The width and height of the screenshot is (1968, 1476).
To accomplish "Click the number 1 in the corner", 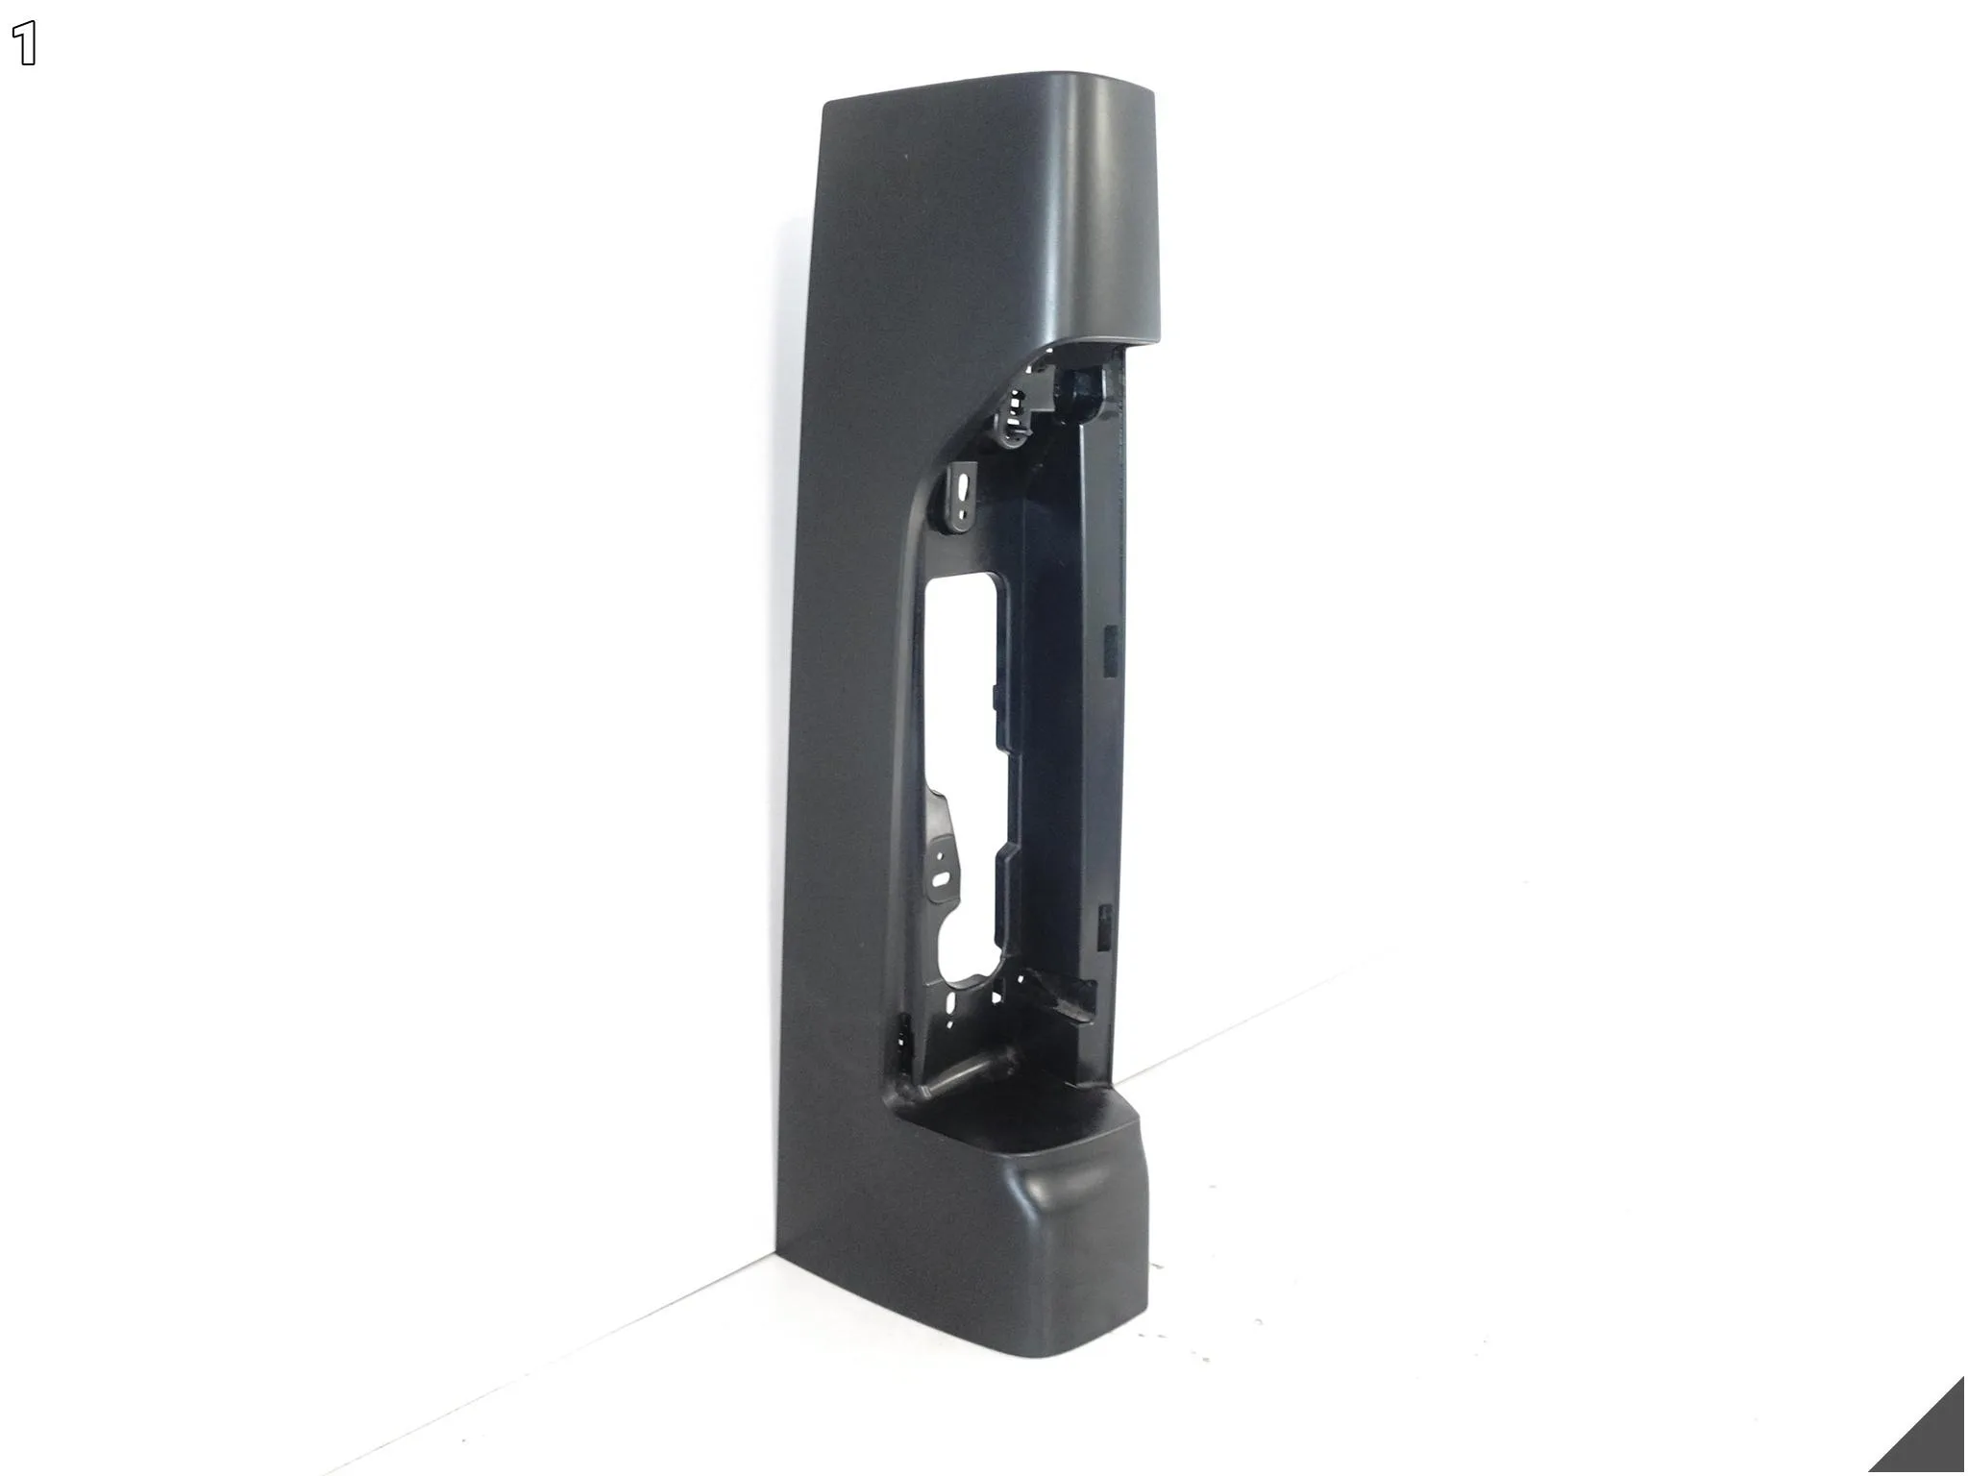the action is pyautogui.click(x=26, y=45).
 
